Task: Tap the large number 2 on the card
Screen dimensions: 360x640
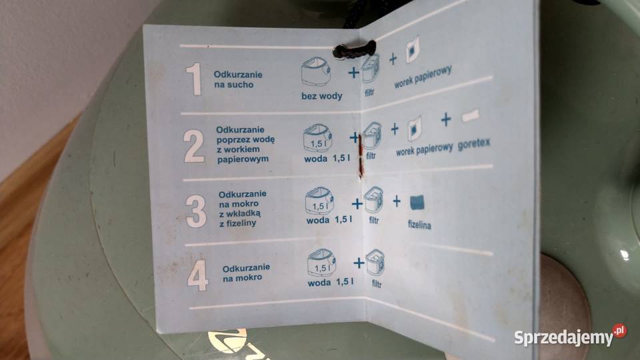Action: point(194,146)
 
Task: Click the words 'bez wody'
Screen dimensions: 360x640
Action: point(321,96)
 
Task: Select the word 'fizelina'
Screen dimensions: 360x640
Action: point(419,225)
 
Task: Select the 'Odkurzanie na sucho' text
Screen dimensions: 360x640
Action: point(234,80)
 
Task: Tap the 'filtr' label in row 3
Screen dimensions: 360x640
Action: point(373,221)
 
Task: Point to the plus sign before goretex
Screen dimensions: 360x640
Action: point(445,120)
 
